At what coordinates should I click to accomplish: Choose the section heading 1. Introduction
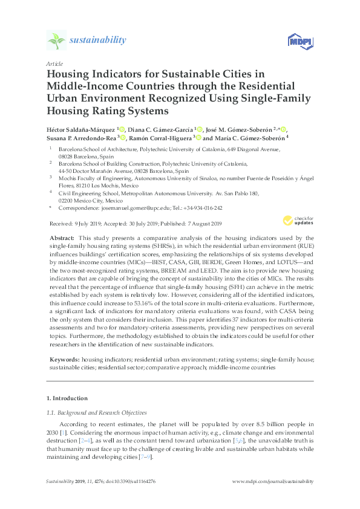click(67, 398)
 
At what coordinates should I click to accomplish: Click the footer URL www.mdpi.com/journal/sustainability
click(273, 481)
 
